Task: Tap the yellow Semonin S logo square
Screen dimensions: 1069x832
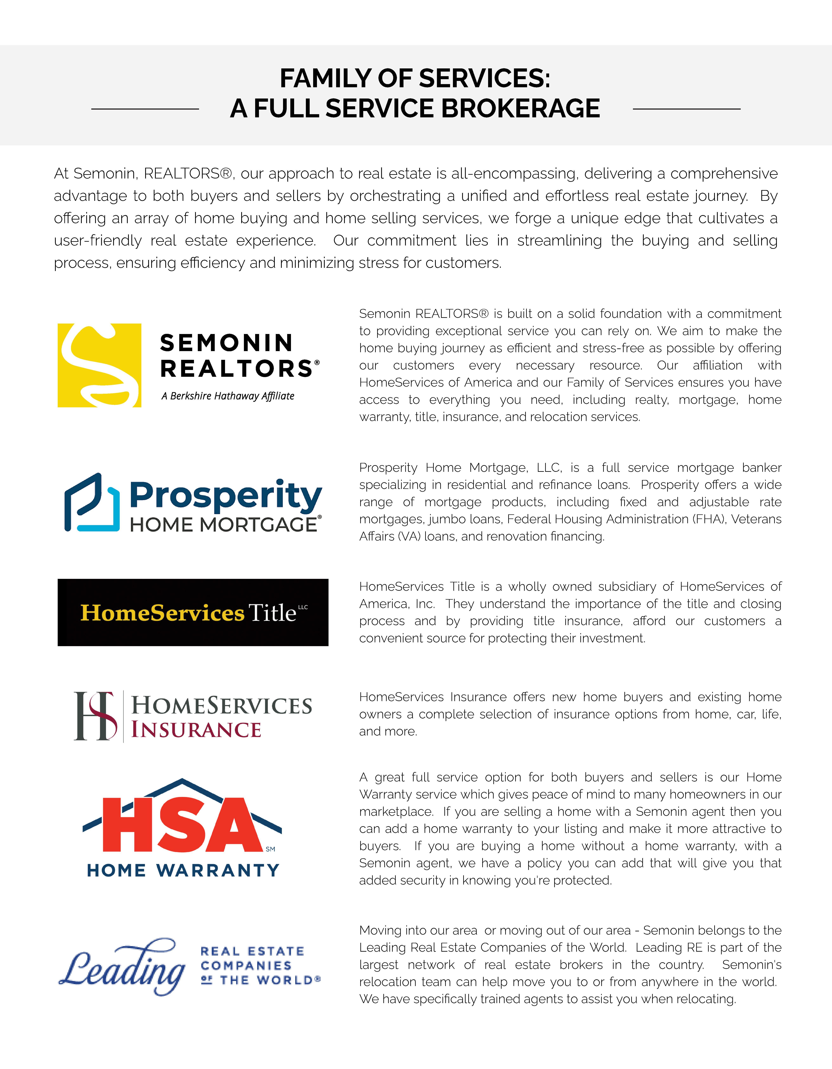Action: tap(99, 365)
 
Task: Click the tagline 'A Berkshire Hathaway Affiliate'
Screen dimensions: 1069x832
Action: tap(228, 396)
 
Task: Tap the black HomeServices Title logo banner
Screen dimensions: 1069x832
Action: tap(193, 612)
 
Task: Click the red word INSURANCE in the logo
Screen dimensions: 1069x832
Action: tap(196, 730)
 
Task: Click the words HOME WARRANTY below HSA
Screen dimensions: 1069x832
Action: tap(183, 870)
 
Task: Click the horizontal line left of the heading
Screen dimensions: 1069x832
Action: tap(145, 109)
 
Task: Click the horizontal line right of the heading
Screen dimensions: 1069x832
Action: tap(687, 109)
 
